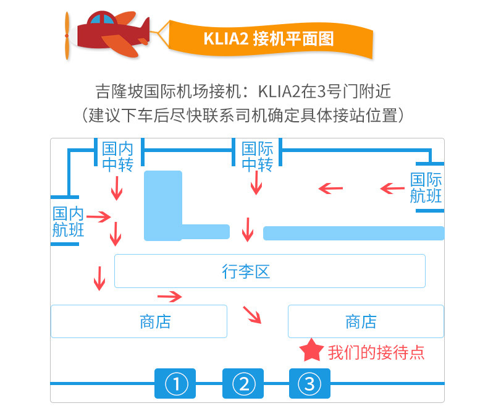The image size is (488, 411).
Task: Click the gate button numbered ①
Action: point(175,384)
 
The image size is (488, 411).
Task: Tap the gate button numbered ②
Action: point(243,384)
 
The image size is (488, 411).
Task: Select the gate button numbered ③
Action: point(309,384)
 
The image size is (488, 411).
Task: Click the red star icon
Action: point(311,350)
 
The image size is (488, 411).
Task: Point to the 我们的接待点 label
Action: point(376,352)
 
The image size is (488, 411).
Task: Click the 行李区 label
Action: point(246,271)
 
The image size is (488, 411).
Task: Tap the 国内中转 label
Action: point(117,157)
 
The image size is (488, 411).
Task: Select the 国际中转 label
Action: point(257,157)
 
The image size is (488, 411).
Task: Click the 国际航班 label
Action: point(426,188)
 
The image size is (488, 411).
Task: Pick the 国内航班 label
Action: point(69,222)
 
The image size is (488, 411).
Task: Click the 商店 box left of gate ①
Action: point(139,321)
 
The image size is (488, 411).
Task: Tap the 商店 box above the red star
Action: point(366,321)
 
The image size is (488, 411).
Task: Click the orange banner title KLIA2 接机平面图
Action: point(269,38)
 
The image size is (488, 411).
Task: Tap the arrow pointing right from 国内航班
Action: point(98,216)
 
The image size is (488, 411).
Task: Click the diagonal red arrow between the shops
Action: point(252,315)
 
